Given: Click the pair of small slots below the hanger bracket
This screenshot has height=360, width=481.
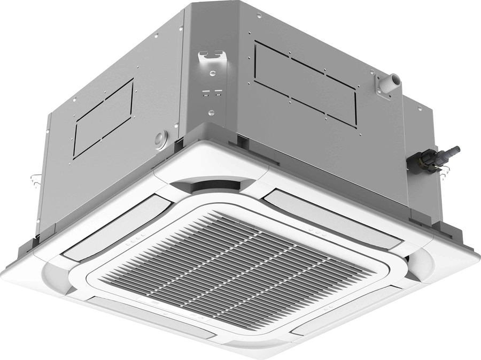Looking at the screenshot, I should coord(212,94).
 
